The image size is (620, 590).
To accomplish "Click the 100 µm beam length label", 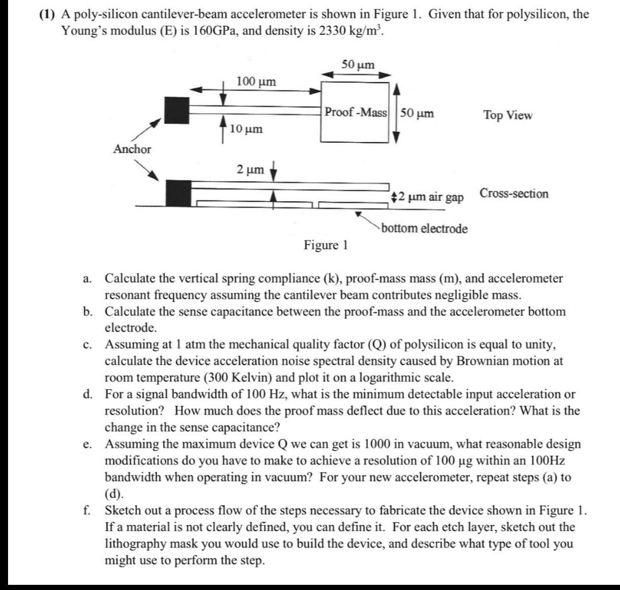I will coord(256,81).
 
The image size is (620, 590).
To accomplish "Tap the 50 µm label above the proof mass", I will coord(358,65).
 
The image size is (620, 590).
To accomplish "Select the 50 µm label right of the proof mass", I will coord(417,113).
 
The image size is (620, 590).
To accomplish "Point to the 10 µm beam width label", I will coord(246,129).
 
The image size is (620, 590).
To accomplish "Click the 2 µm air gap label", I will coord(427,197).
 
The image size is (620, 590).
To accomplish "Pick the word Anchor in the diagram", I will coord(132,149).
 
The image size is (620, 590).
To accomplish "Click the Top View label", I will coord(507,115).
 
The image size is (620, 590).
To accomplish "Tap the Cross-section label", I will coord(514,193).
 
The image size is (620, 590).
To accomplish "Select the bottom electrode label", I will coord(424,229).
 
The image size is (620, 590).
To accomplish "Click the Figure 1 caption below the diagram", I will coord(325,245).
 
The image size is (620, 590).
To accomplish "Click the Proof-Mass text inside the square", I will coord(356,112).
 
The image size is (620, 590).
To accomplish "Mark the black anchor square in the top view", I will coord(176,110).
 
